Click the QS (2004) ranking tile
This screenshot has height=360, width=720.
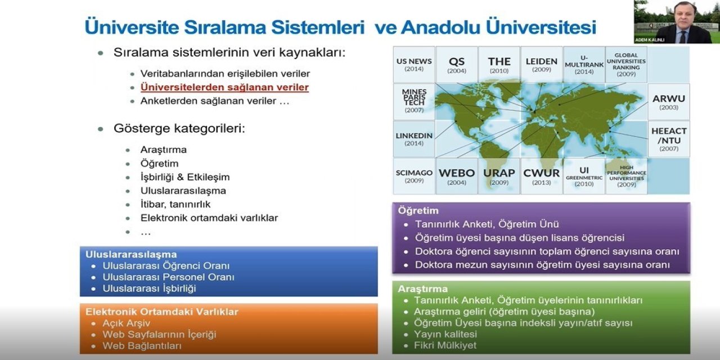coord(456,65)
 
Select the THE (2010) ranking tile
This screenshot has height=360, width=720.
coord(499,65)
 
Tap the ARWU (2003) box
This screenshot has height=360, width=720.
coord(668,102)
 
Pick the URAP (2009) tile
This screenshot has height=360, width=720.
coord(499,176)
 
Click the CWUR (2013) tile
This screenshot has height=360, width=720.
coord(541,176)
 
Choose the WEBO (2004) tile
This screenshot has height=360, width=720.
coord(456,176)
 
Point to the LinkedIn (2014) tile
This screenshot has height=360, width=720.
coord(414,139)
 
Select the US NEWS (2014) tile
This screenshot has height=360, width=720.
coord(414,65)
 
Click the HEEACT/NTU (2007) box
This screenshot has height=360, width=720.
coord(668,139)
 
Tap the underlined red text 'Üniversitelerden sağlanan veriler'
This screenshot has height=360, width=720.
coord(224,88)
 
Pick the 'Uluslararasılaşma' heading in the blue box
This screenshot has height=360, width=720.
coord(131,254)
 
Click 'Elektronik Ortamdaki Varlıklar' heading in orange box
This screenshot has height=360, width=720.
coord(162,312)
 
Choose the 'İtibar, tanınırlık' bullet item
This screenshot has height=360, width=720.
coord(175,204)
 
